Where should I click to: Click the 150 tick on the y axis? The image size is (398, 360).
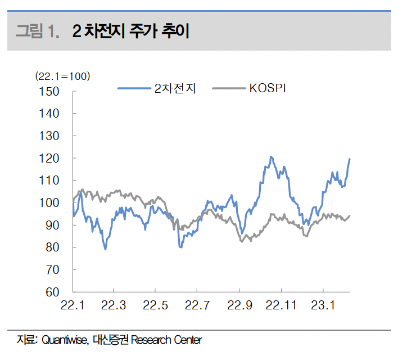coord(50,91)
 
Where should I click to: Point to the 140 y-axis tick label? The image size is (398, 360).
coord(50,114)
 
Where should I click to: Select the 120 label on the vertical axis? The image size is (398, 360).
coord(50,159)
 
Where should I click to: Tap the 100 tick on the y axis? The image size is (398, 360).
coord(50,203)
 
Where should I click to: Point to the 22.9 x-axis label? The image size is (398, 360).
coord(239,305)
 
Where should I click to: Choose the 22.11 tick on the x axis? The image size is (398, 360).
coord(281,305)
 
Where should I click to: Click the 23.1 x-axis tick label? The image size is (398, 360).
coord(323,305)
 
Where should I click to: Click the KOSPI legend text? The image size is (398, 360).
coord(268,88)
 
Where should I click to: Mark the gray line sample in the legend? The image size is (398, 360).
coord(228,88)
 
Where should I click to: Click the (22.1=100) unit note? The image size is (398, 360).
coord(62,76)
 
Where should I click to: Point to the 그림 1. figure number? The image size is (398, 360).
coord(37,31)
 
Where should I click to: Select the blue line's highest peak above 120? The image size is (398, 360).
coord(271,156)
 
